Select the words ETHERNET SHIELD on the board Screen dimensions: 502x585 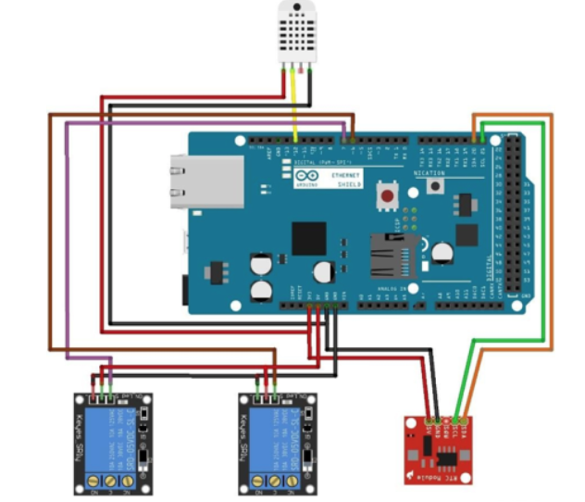pyautogui.click(x=347, y=179)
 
